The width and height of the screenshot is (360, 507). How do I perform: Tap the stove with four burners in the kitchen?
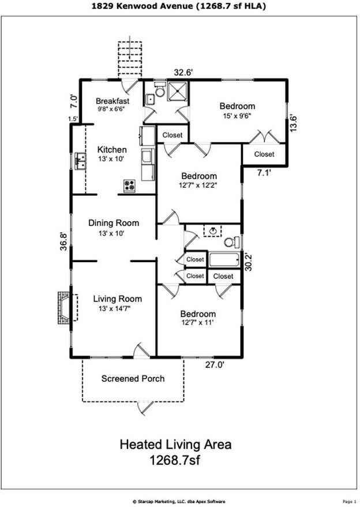click(130, 186)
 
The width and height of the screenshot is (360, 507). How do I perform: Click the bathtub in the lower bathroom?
click(224, 260)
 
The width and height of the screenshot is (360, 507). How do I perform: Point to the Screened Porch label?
click(133, 379)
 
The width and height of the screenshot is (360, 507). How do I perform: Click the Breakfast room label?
click(112, 101)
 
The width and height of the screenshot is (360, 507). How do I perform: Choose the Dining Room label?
click(114, 223)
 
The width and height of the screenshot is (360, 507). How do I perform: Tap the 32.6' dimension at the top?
click(183, 73)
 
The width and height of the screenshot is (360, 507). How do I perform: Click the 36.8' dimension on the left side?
click(64, 239)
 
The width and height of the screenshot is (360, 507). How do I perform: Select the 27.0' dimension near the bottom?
click(216, 364)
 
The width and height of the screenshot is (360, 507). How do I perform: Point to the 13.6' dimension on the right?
click(295, 122)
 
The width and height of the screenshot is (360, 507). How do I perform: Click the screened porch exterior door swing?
click(145, 408)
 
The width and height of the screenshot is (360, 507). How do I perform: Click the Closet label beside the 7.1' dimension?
click(264, 154)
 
